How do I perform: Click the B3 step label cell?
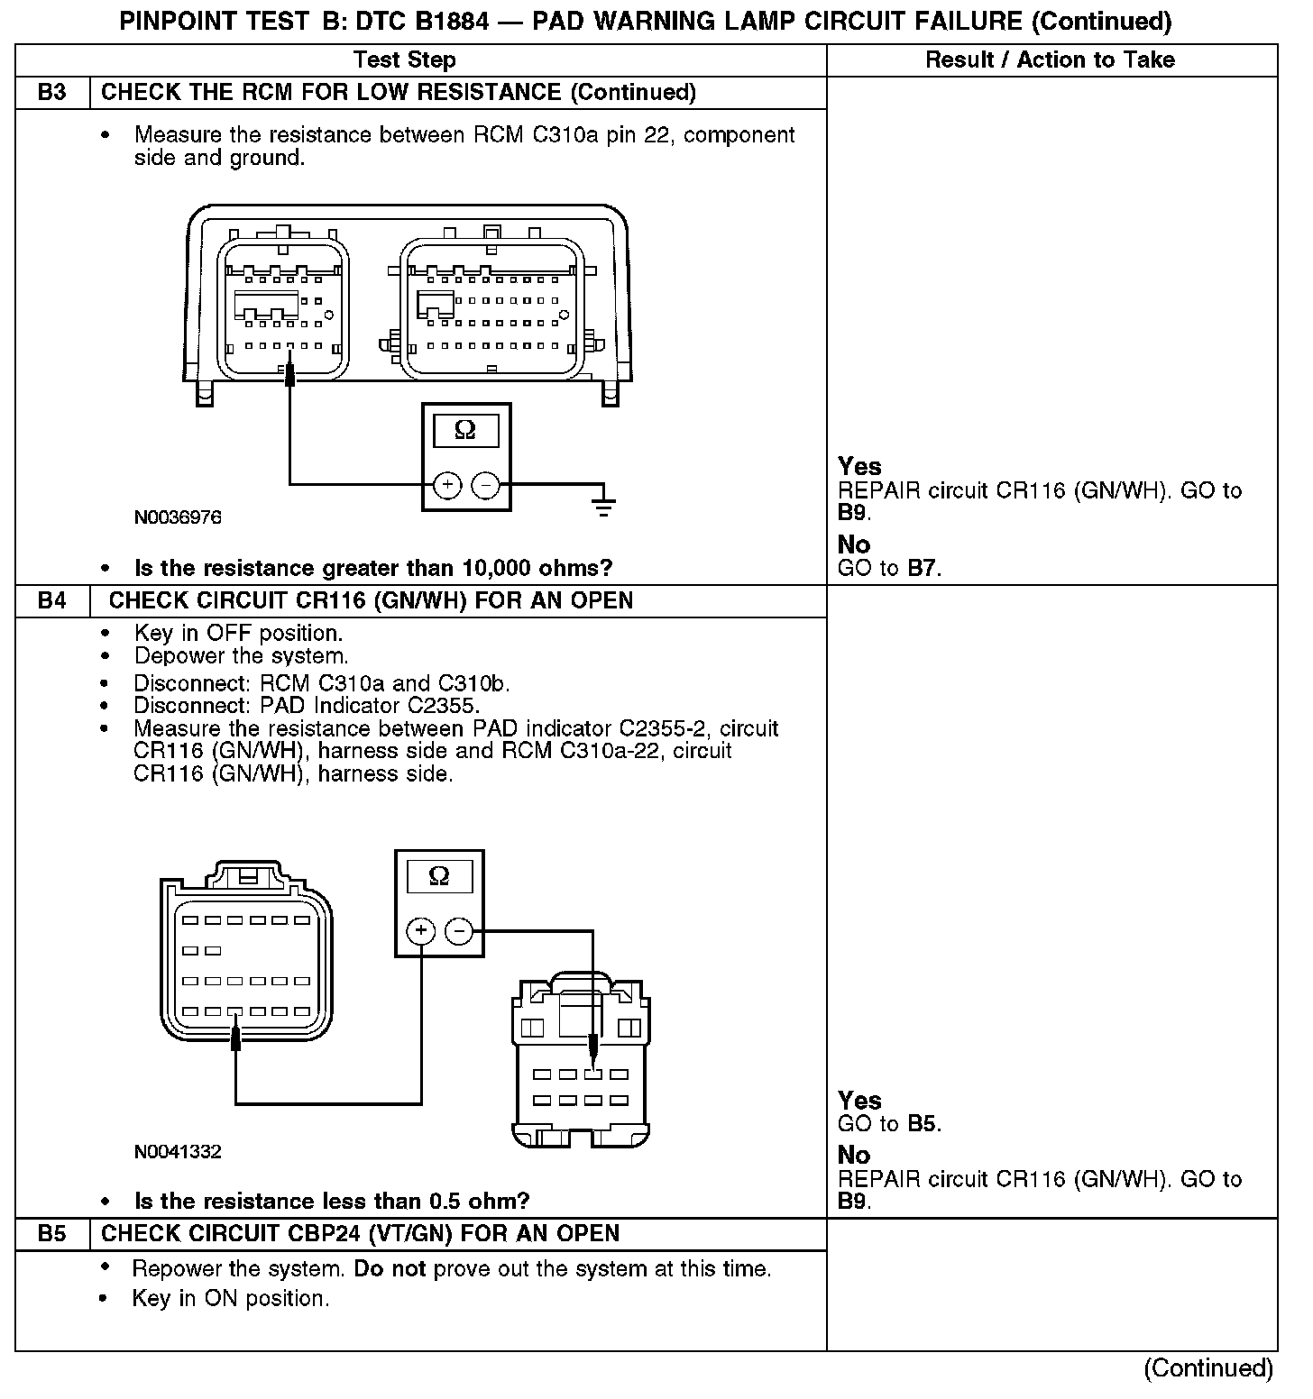point(52,93)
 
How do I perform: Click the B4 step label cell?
point(52,600)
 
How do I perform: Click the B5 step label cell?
point(52,1233)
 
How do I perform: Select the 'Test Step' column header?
point(404,60)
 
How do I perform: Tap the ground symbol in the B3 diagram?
point(604,504)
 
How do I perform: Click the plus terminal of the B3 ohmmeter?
point(446,485)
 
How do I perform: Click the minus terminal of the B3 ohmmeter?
point(485,485)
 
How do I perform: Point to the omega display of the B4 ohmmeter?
point(439,876)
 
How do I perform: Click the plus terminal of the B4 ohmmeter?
point(420,930)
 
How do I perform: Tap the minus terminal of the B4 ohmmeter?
point(459,930)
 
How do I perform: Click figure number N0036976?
point(178,517)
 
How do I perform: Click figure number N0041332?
point(178,1151)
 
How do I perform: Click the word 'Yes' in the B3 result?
point(858,466)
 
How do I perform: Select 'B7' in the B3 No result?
point(922,569)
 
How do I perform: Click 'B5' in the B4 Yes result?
point(922,1123)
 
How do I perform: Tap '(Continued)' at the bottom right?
point(1207,1367)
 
